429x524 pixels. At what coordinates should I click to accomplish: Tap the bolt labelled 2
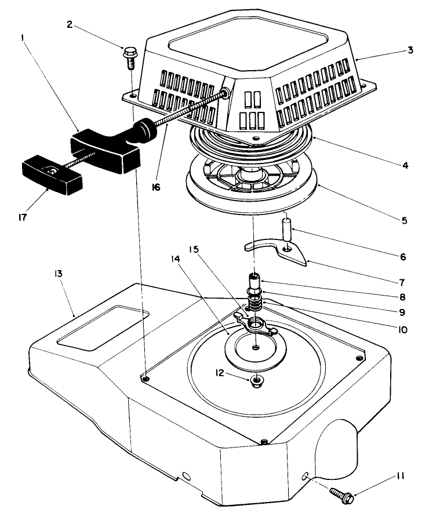pos(129,56)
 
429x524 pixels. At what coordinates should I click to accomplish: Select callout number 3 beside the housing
pos(410,50)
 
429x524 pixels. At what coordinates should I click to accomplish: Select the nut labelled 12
pos(255,380)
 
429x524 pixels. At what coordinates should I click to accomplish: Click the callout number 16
pos(156,188)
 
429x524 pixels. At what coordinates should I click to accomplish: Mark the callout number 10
pos(402,330)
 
